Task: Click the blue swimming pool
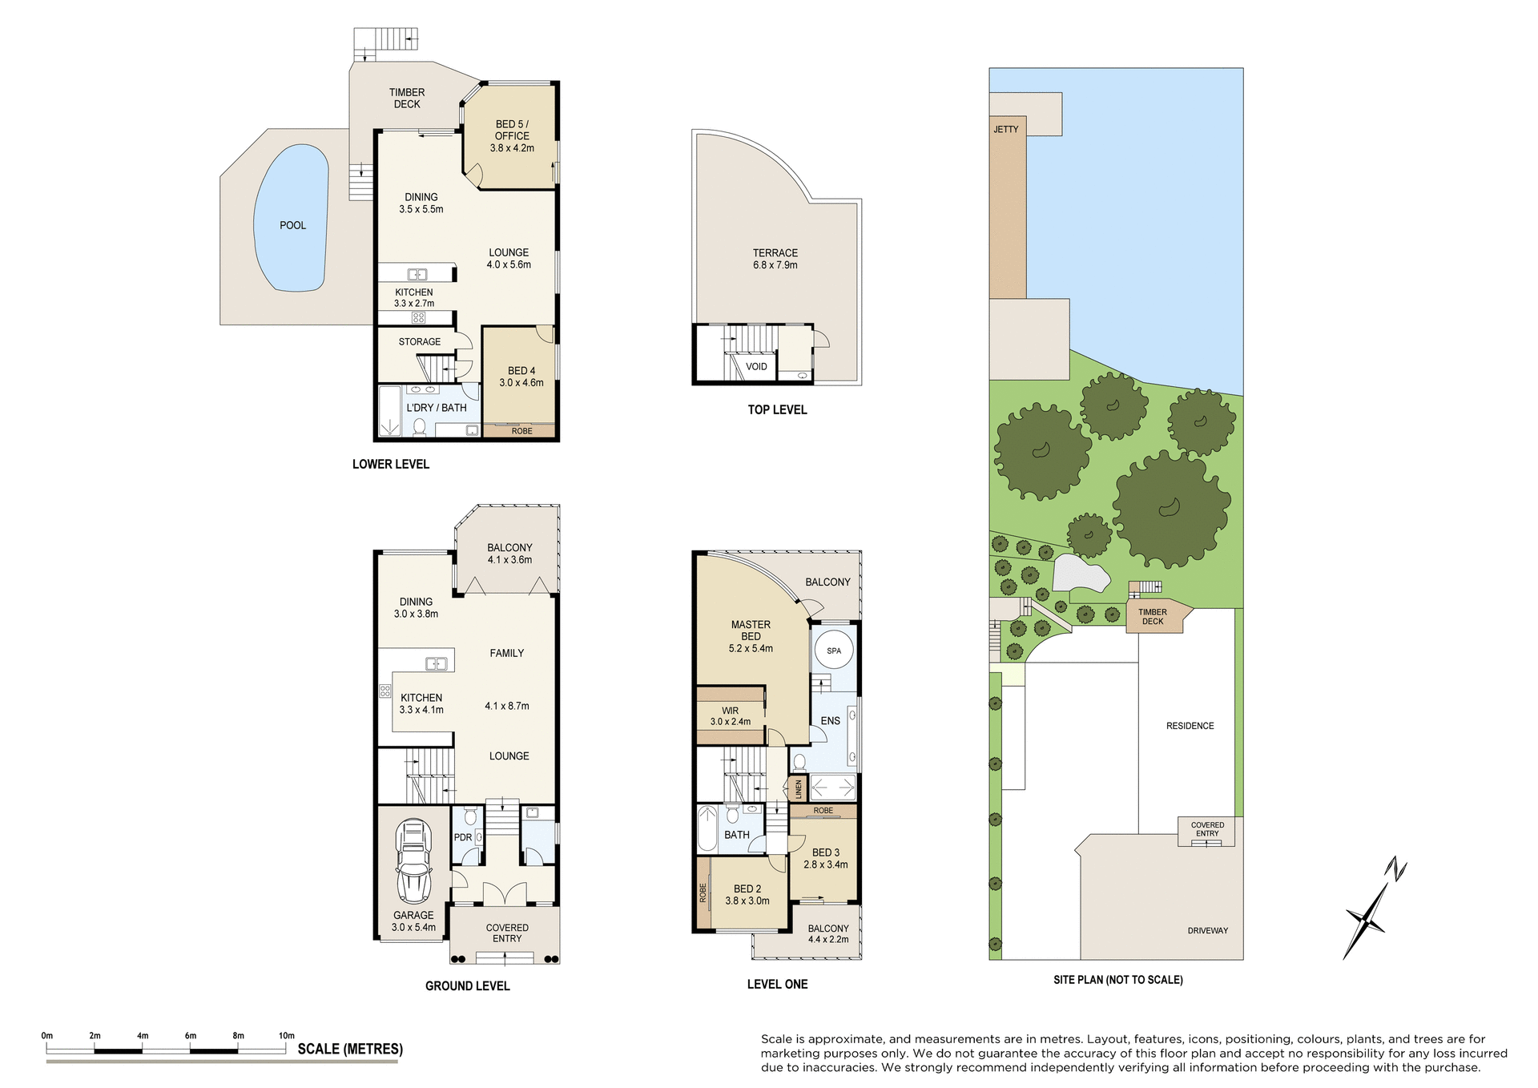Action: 290,218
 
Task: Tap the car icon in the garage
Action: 413,862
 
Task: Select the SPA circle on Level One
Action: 833,651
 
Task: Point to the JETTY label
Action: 1006,129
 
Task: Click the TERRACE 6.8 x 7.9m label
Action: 775,259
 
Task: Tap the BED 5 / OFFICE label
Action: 512,135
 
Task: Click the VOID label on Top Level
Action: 756,367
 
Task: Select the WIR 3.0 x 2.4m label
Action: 730,716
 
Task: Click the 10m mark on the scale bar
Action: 286,1036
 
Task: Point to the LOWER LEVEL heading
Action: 391,464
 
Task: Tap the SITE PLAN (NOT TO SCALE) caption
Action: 1117,980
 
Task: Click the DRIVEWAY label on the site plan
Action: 1207,931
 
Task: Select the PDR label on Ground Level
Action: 463,837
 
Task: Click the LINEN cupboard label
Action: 798,790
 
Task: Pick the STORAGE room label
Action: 419,341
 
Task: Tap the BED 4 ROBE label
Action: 521,431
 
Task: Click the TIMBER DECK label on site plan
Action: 1152,616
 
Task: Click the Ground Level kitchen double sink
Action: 436,663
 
